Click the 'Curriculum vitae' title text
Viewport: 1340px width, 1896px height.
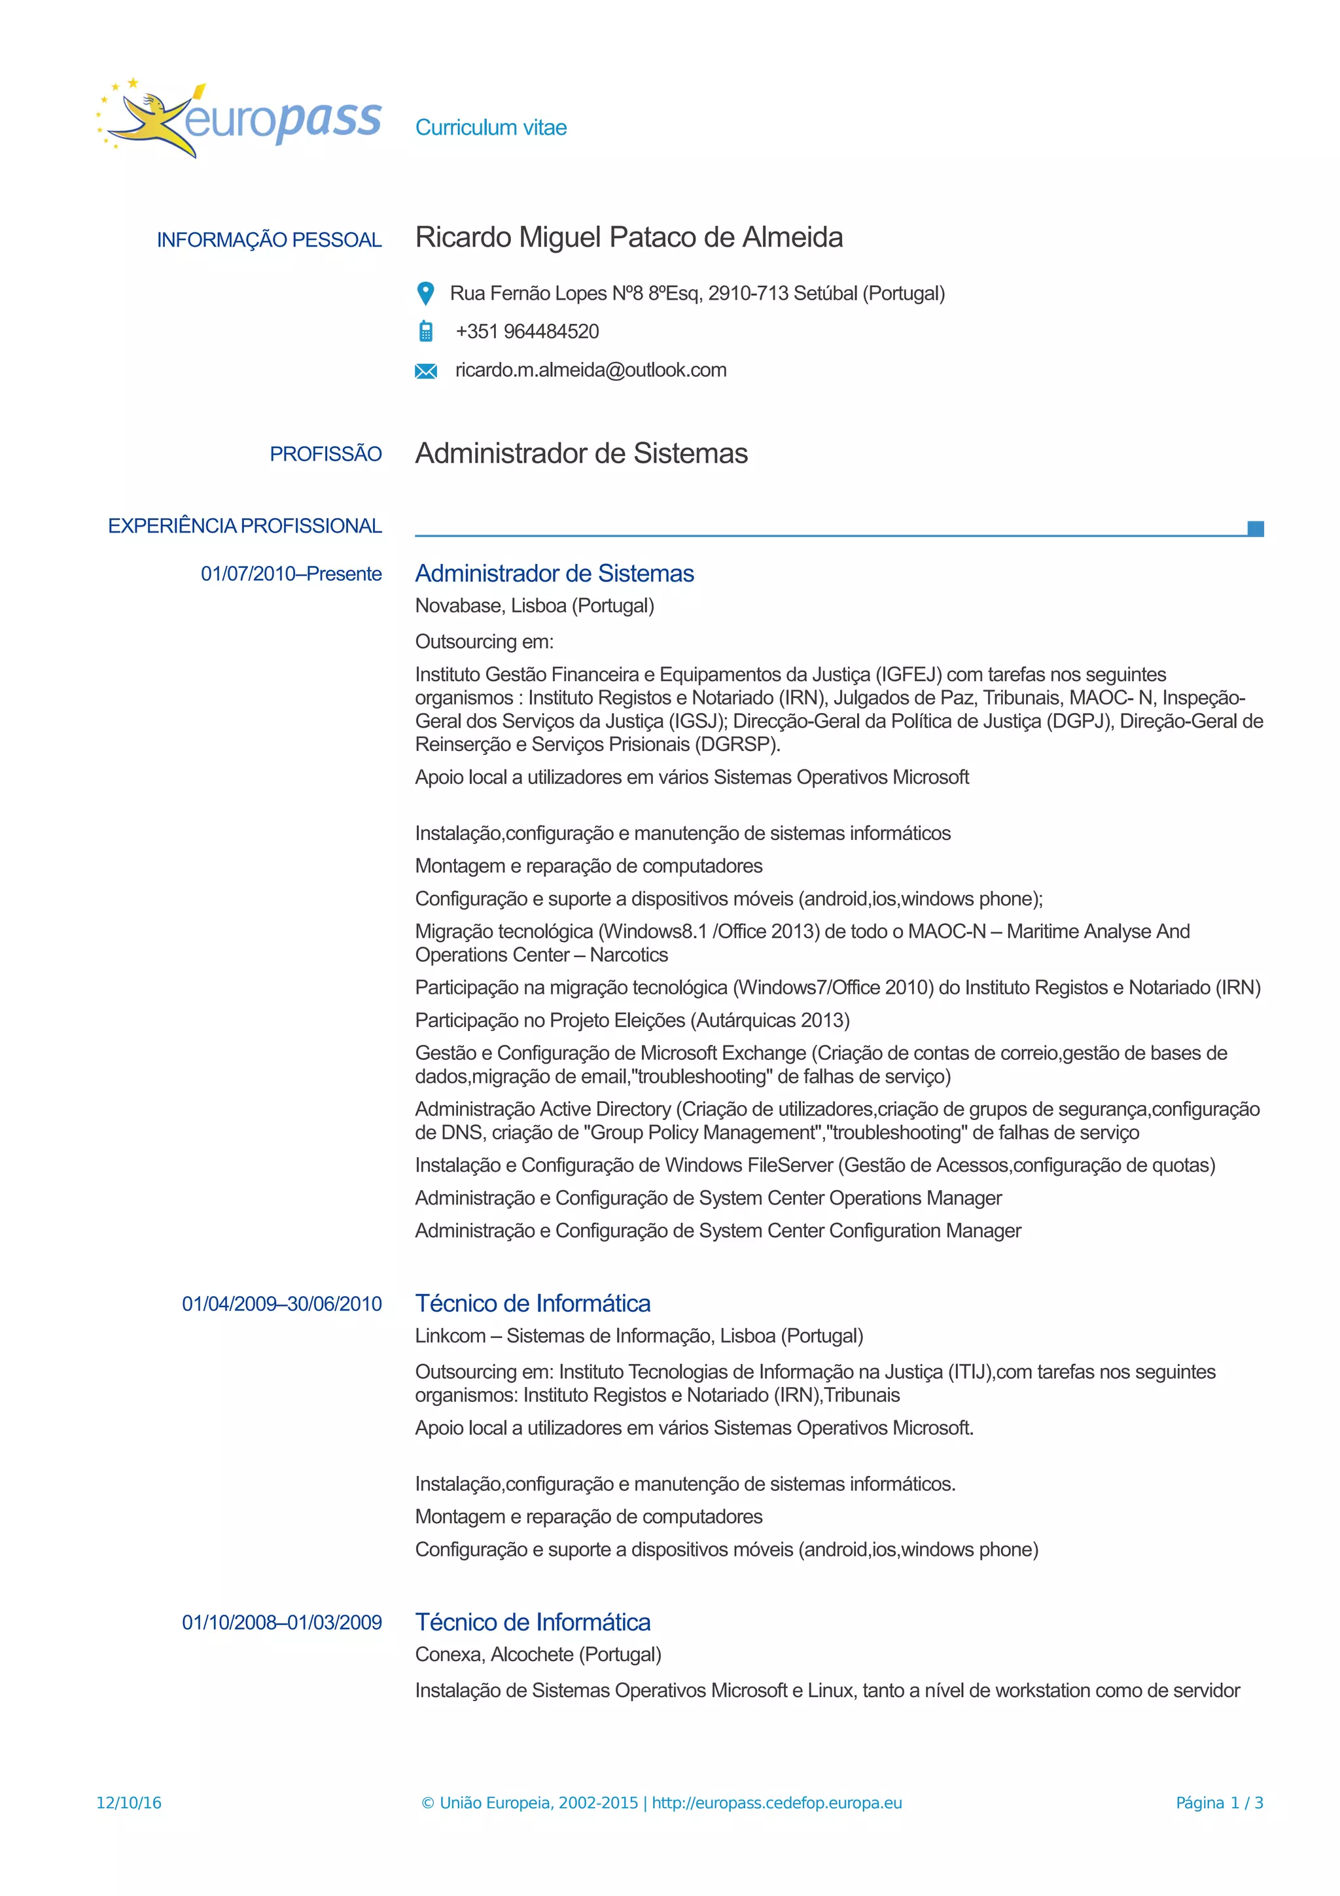(491, 128)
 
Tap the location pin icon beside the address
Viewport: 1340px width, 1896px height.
(425, 293)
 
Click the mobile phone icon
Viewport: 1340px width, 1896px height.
(425, 331)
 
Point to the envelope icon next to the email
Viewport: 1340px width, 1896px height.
(425, 371)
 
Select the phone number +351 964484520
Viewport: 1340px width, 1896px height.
(527, 332)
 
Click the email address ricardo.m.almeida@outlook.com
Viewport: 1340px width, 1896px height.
(590, 370)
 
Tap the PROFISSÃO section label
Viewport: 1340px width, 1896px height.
(325, 454)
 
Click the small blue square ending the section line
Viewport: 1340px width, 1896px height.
(1255, 529)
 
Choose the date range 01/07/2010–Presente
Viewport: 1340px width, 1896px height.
(291, 574)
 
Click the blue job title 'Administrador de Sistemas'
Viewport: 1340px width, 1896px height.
(554, 574)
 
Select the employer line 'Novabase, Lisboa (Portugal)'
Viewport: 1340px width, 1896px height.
(534, 606)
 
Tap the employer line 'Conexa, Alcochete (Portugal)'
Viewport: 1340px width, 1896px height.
(537, 1655)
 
